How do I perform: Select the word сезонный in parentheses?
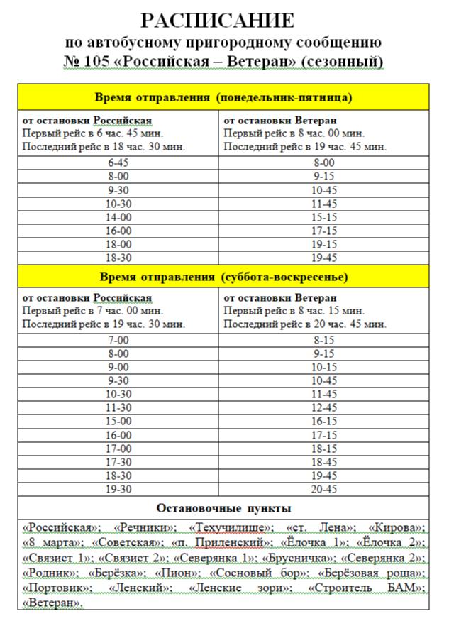point(342,62)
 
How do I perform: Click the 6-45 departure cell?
point(118,163)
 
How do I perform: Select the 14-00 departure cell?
point(118,217)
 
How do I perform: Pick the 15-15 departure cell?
point(323,217)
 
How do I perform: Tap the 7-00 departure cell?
point(118,340)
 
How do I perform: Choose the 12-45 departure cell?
point(323,408)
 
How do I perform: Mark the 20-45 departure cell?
point(323,490)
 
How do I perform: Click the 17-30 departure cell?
point(118,462)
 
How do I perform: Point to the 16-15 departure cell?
point(323,422)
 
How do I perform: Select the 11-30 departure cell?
point(118,408)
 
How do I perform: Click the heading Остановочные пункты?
point(223,509)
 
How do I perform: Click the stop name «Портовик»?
point(57,588)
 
